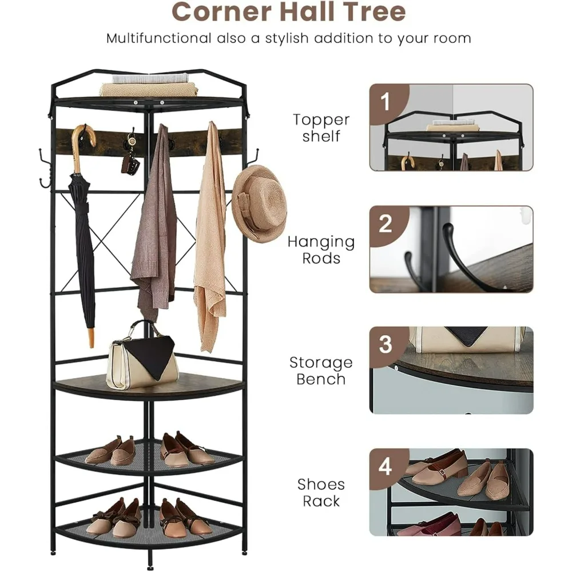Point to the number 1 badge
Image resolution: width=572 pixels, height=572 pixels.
[385, 102]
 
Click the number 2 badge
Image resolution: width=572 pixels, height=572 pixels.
[385, 224]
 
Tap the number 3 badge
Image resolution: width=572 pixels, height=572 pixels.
[385, 345]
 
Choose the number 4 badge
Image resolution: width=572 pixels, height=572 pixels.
[385, 466]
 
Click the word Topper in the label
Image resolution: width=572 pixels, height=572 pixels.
[321, 120]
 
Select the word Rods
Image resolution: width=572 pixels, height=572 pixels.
[321, 259]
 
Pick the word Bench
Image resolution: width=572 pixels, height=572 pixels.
[321, 379]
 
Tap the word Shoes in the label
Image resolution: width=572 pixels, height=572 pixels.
[321, 484]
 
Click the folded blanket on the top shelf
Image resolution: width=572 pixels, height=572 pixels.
[149, 89]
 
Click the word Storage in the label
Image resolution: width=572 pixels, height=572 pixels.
[321, 363]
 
